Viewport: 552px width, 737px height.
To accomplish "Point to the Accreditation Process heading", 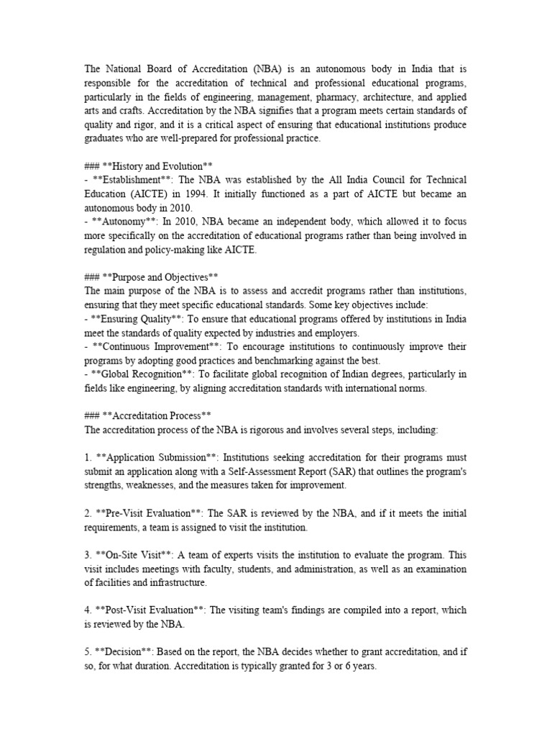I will point(155,415).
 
